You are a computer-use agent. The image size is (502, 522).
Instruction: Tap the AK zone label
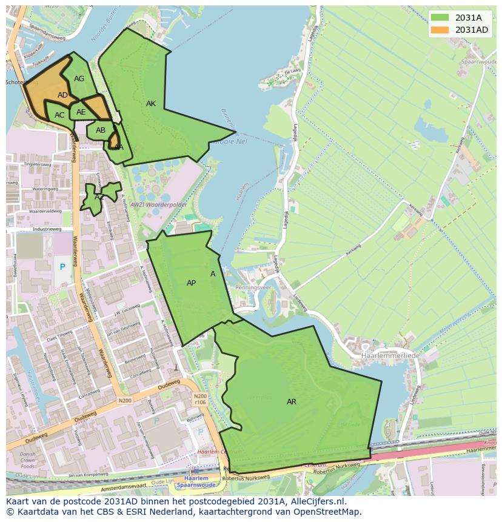[x=151, y=104]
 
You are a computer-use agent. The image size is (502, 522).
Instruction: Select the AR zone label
[x=292, y=402]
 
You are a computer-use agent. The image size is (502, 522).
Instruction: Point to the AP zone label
[x=191, y=283]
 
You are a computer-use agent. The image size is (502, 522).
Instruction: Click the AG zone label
[x=79, y=79]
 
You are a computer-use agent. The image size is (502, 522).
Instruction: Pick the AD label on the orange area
[x=63, y=95]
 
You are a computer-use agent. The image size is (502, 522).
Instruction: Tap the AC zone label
[x=59, y=115]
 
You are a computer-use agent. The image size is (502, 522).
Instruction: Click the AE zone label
[x=81, y=112]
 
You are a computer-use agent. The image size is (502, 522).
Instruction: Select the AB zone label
[x=101, y=130]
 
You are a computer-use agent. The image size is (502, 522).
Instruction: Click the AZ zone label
[x=99, y=197]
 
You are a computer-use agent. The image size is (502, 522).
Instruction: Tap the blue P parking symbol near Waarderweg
[x=62, y=267]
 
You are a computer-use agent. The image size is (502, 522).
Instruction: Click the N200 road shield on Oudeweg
[x=125, y=401]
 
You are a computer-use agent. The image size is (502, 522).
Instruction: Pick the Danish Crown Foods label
[x=28, y=461]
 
